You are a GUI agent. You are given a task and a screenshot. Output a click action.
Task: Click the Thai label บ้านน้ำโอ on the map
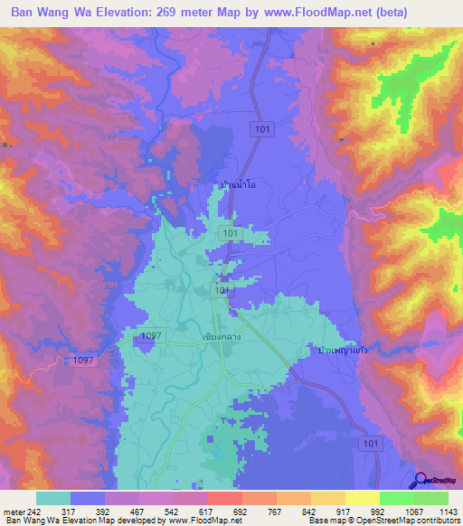tap(238, 185)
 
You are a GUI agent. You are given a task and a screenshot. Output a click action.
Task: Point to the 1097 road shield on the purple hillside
tap(80, 360)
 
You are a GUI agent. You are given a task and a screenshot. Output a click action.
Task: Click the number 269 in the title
tap(188, 13)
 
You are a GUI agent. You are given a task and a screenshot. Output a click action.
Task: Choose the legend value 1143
tap(448, 512)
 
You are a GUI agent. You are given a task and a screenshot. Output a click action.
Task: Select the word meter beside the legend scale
tap(13, 512)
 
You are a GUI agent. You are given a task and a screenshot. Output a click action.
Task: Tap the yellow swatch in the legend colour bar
tap(362, 498)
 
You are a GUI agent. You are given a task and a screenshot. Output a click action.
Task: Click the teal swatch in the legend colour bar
tap(53, 498)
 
